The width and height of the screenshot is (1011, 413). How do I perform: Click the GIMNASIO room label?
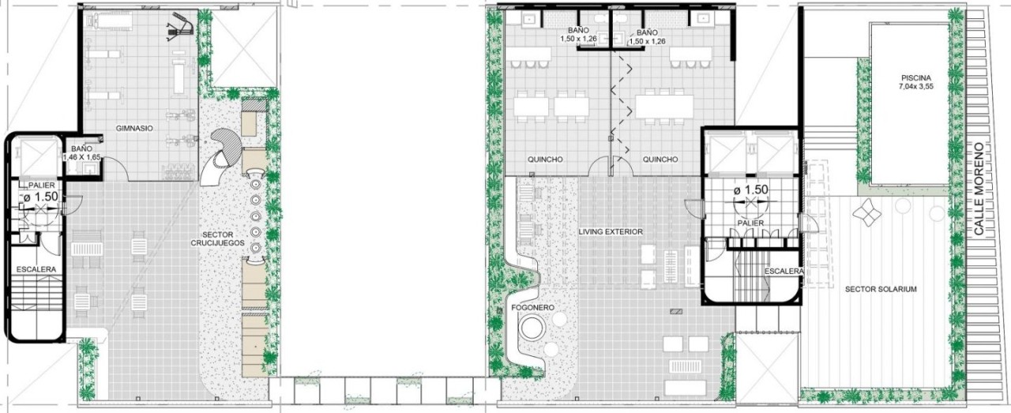coord(134,128)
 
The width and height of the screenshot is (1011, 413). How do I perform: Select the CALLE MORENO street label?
coord(979,195)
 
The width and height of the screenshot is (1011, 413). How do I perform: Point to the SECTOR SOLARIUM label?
coord(881,289)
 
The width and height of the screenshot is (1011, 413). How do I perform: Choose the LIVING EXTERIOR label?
coord(611,231)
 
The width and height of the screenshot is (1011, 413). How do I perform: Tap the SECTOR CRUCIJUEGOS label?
coord(217,238)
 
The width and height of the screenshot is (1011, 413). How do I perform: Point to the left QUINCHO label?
coord(545,160)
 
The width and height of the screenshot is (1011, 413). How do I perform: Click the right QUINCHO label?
coord(660,160)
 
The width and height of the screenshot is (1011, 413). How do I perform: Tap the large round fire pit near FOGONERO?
coord(532,328)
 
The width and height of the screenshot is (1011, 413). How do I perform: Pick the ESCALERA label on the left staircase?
coord(36,269)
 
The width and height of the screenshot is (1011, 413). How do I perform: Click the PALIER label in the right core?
coord(751,223)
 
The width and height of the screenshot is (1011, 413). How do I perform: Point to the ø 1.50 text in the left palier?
coord(40,197)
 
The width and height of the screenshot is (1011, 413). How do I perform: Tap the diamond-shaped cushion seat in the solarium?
coord(866,212)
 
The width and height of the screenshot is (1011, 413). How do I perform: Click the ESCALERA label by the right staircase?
coord(784,272)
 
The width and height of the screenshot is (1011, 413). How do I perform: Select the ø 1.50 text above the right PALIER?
coord(751,190)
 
